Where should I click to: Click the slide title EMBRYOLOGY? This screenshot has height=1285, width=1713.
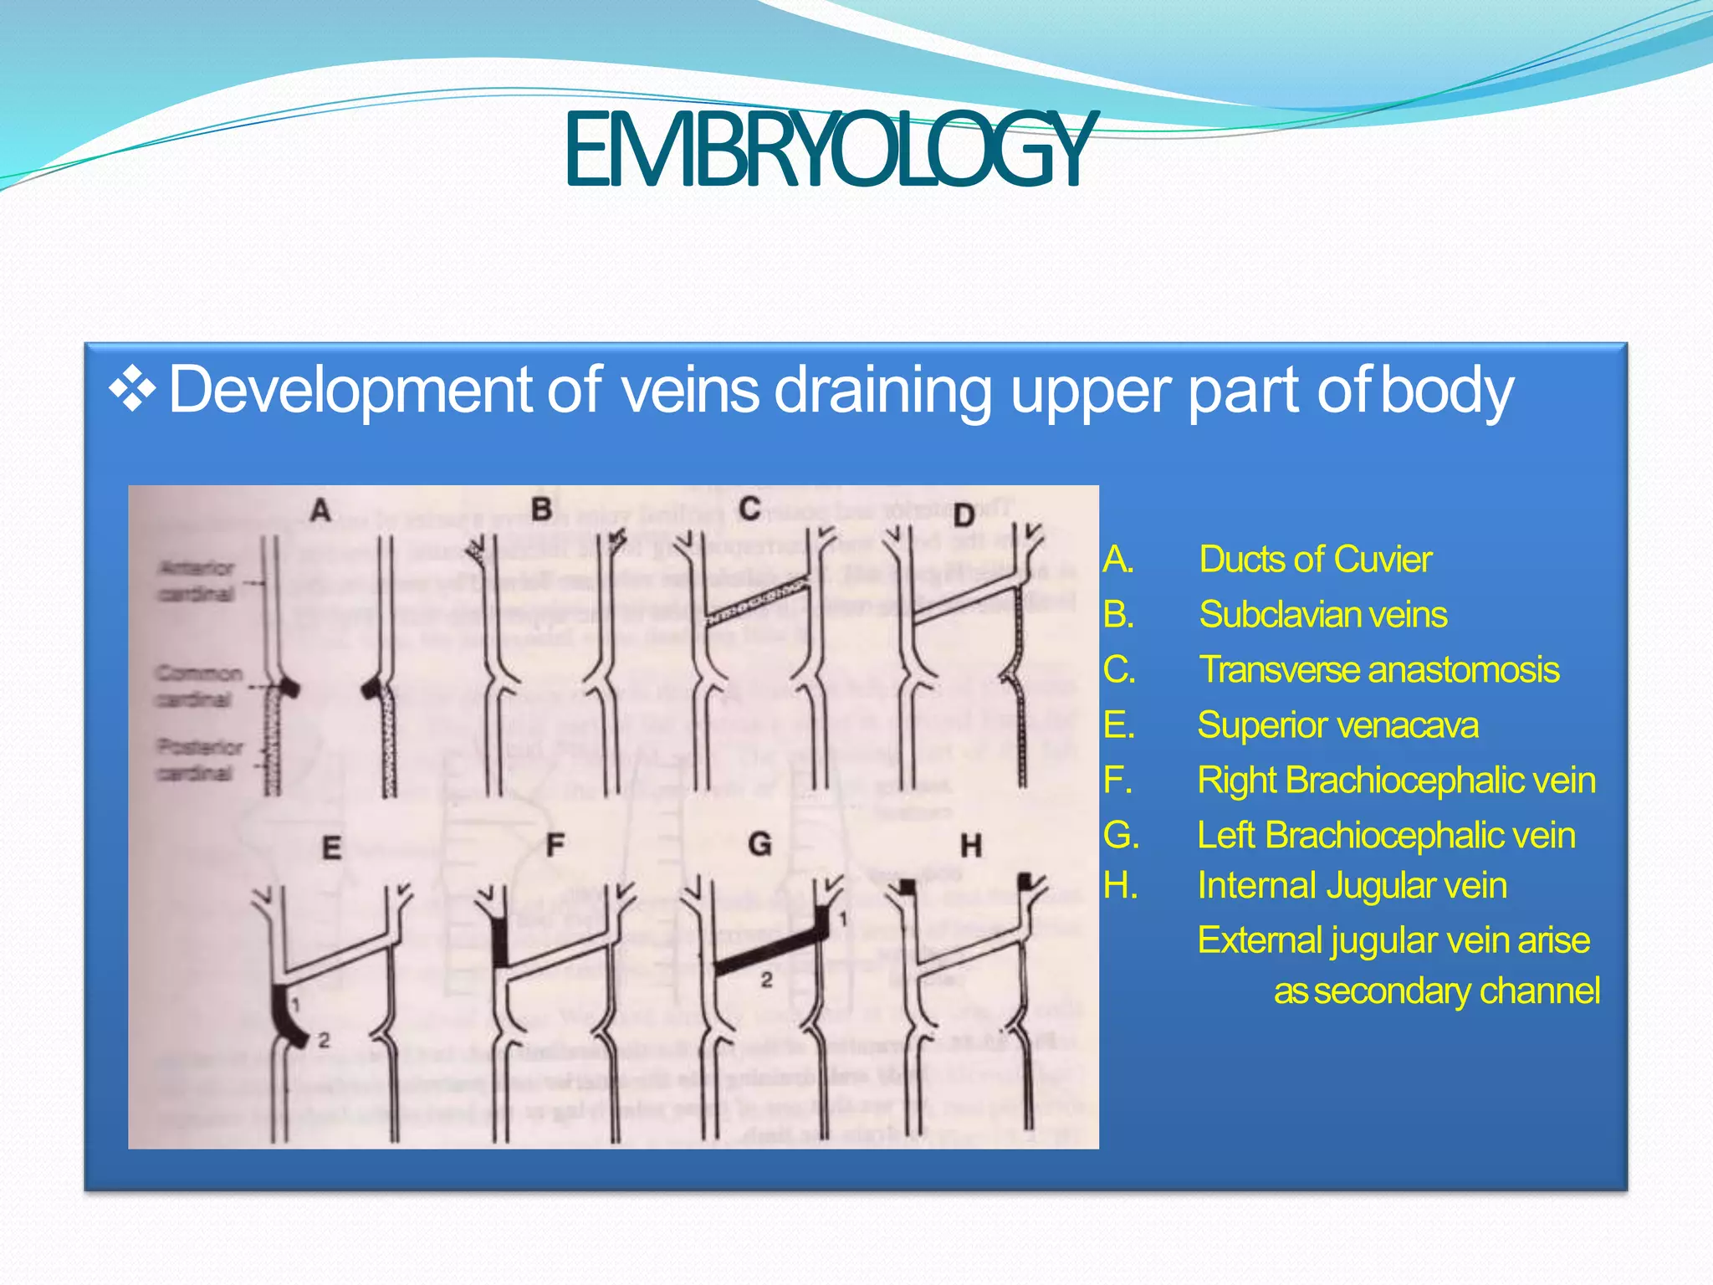click(826, 151)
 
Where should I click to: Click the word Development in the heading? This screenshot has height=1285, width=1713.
click(350, 390)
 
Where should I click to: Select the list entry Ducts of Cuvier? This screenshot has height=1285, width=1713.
click(1315, 560)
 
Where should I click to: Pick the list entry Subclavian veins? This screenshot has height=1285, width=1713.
click(1322, 615)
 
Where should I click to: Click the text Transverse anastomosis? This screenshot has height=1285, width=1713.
click(1379, 670)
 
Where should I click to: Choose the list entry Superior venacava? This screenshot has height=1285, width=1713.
click(1337, 725)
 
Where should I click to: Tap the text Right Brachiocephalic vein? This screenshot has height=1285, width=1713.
click(1396, 781)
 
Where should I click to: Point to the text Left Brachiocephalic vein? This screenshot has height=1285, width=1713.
click(1386, 836)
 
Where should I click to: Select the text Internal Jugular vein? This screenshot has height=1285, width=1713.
click(1352, 886)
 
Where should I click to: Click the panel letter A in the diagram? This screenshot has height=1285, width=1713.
click(320, 509)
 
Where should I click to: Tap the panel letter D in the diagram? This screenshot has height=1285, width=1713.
click(964, 515)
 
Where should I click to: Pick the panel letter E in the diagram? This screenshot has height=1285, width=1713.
click(331, 848)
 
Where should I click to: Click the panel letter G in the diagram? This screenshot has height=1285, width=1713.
click(759, 844)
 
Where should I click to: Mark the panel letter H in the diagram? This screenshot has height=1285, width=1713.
click(970, 847)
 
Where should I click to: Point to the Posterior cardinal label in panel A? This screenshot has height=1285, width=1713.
click(199, 760)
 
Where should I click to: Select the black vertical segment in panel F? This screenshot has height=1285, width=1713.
click(501, 941)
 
